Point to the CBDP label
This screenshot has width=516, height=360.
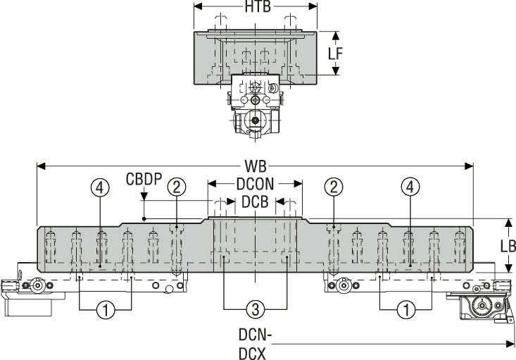point(144,180)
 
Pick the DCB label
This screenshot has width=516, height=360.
point(255,202)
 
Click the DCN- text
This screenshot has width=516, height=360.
point(253,334)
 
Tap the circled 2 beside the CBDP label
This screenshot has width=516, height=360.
point(177,186)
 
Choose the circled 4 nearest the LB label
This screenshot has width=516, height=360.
point(409,186)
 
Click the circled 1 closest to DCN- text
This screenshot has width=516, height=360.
point(406,309)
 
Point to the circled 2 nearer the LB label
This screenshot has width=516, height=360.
point(334,186)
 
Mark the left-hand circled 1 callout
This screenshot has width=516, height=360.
point(106,309)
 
